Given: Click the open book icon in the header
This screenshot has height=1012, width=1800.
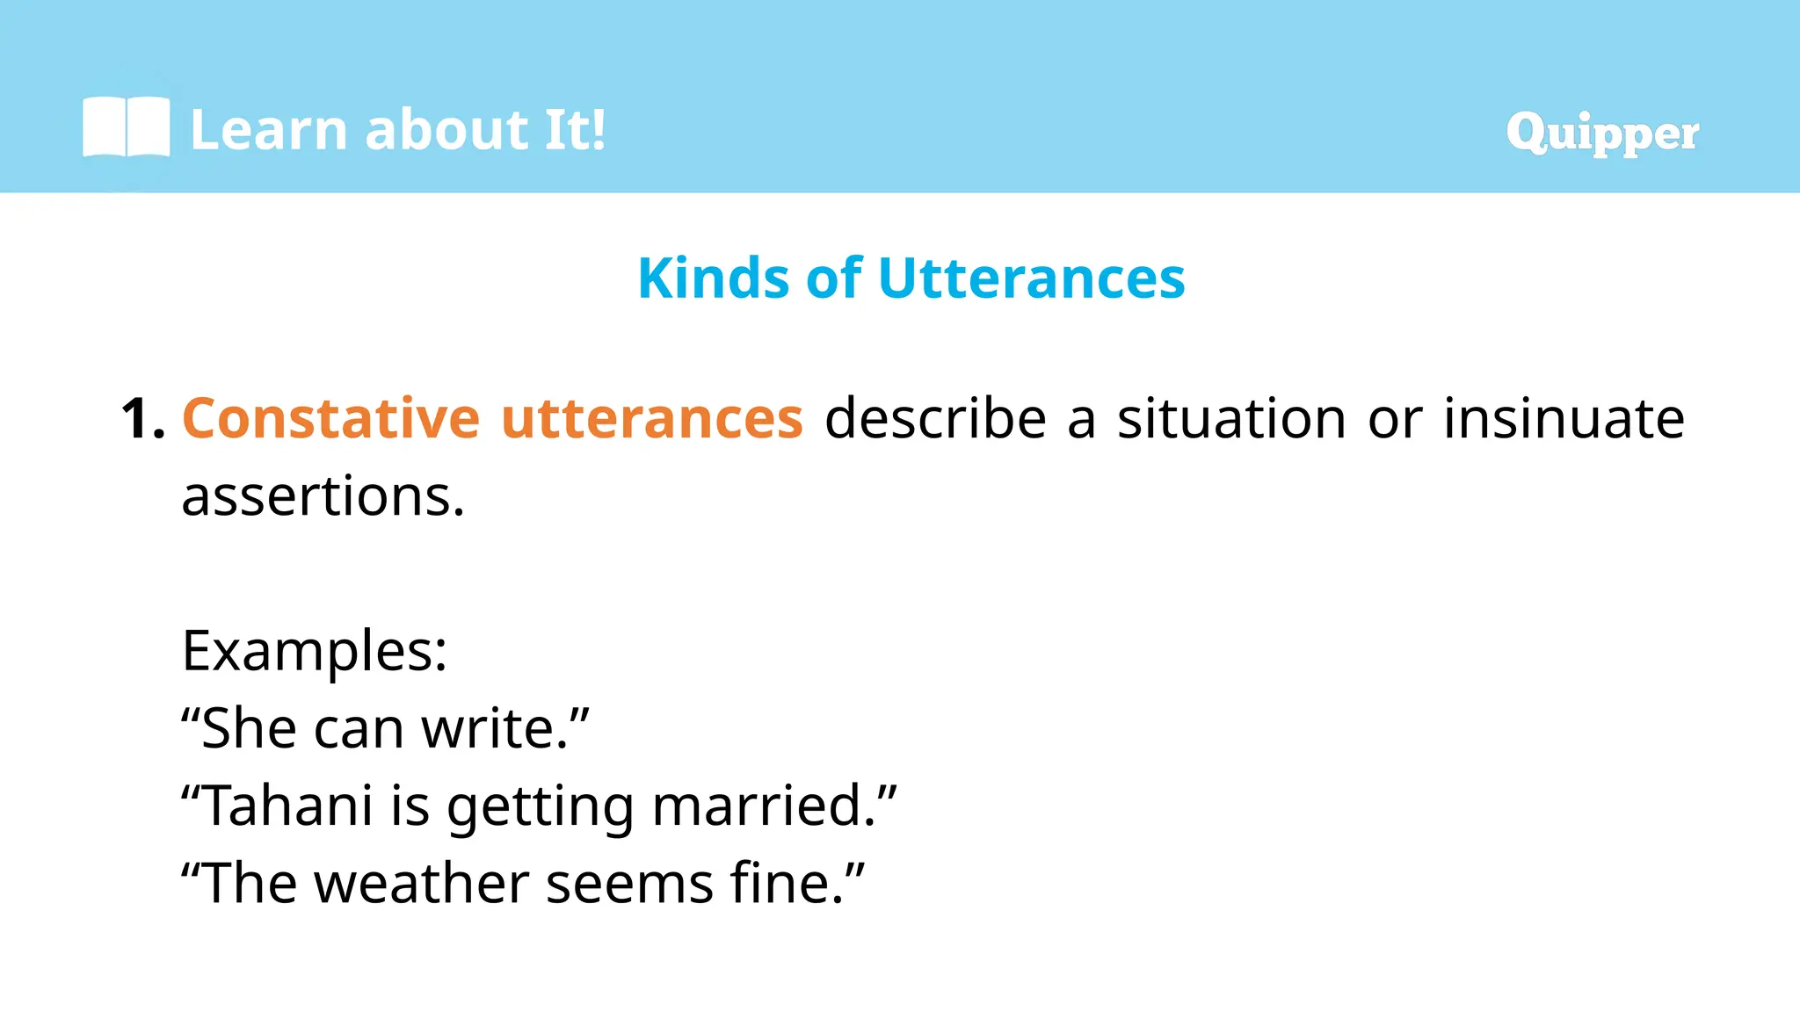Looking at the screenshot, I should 126,127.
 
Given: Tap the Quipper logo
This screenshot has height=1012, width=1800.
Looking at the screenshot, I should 1602,134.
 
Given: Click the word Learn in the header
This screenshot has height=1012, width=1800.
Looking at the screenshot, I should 269,130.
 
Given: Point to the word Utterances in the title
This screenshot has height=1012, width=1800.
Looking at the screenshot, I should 1031,278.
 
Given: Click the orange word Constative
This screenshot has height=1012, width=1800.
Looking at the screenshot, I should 330,418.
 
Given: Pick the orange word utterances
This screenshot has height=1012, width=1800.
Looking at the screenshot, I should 652,418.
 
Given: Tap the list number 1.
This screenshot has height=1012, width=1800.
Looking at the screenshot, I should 142,418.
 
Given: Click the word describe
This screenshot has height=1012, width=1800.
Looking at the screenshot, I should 935,418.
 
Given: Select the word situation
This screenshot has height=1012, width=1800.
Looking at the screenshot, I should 1231,418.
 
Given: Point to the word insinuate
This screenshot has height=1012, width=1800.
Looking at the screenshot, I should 1564,418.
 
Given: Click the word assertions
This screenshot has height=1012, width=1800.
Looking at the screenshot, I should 322,496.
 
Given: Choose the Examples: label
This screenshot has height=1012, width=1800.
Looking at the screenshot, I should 315,651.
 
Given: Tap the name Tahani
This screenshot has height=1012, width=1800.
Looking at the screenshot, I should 289,806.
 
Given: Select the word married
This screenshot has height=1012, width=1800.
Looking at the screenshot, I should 762,806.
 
